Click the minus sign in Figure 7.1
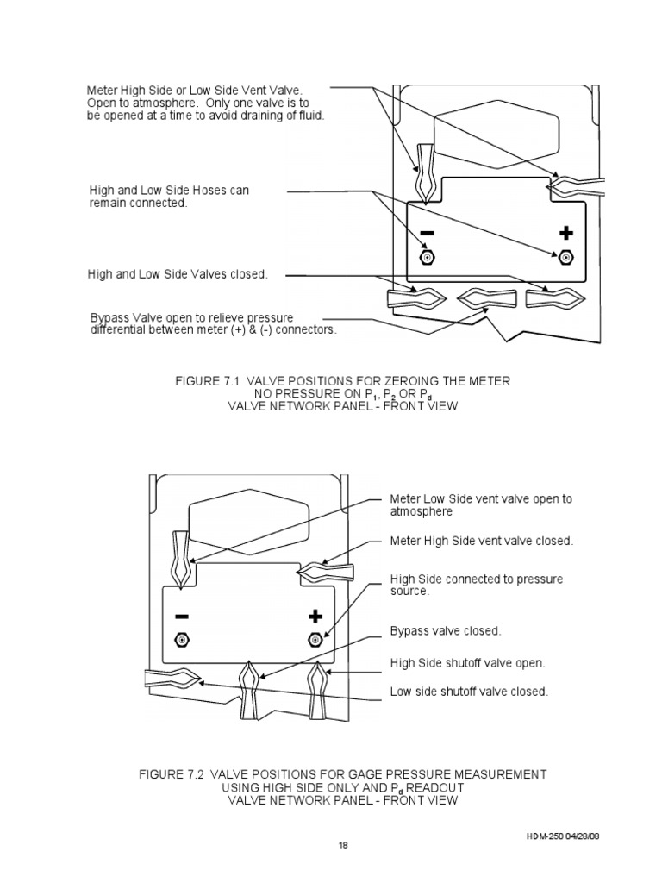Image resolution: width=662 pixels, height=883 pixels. pyautogui.click(x=428, y=234)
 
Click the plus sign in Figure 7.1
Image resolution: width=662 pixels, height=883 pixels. pyautogui.click(x=565, y=234)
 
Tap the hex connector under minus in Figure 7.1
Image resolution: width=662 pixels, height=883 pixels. pyautogui.click(x=427, y=257)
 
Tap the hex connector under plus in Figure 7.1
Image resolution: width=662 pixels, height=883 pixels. pyautogui.click(x=566, y=257)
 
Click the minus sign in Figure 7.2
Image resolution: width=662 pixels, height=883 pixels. pyautogui.click(x=182, y=617)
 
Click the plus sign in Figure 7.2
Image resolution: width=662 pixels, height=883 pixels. pyautogui.click(x=315, y=616)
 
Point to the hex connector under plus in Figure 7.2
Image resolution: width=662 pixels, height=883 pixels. pyautogui.click(x=315, y=641)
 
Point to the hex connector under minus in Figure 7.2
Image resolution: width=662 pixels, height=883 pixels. pyautogui.click(x=182, y=641)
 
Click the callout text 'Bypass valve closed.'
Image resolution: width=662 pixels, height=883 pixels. pyautogui.click(x=445, y=631)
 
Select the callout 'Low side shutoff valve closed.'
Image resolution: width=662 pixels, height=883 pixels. pyautogui.click(x=469, y=692)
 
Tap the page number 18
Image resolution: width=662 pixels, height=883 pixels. pyautogui.click(x=341, y=845)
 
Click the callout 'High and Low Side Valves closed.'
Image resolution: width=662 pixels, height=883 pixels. pyautogui.click(x=178, y=274)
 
